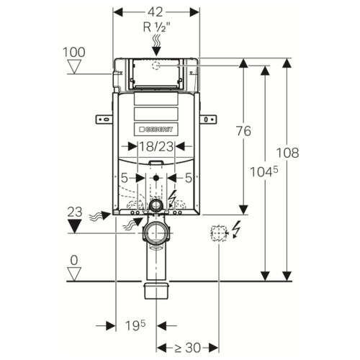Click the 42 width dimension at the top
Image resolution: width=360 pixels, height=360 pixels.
coord(156,12)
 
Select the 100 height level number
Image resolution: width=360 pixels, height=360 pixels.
coord(74,52)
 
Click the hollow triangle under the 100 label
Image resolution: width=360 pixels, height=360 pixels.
coord(74,67)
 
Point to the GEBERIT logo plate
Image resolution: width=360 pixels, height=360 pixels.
coord(156,130)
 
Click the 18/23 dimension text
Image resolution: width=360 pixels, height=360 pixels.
coord(156,146)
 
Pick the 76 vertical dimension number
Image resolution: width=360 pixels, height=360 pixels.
coord(243,131)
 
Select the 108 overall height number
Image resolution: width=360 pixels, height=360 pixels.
coord(287,153)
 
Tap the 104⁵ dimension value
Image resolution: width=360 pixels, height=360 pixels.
coord(264,171)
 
